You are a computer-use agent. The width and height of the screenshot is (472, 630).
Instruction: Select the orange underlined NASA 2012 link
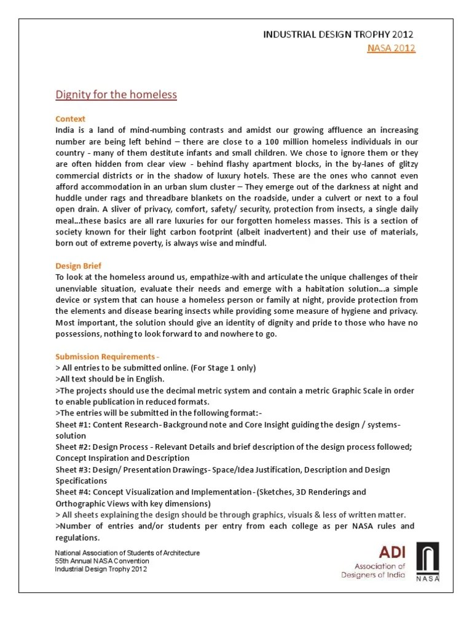[391, 48]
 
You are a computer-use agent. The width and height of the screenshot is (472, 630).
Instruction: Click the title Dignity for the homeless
[116, 95]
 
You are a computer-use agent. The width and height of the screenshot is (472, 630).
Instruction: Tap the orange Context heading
[70, 119]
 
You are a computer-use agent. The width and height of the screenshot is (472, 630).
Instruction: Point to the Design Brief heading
[77, 266]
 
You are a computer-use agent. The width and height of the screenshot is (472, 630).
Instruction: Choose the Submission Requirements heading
[108, 357]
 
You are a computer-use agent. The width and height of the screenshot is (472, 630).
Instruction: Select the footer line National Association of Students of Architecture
[127, 553]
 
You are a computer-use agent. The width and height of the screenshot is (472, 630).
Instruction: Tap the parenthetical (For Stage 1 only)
[216, 368]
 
